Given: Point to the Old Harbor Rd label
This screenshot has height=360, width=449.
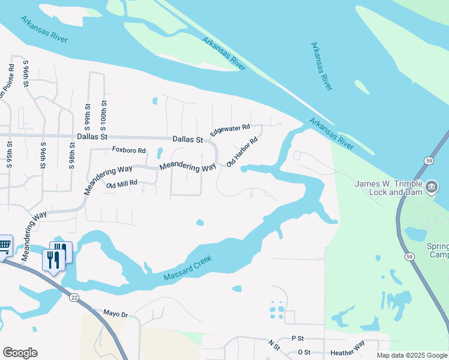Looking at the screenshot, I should click(x=242, y=152).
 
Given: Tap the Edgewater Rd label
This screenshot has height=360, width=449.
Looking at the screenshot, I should click(x=229, y=128).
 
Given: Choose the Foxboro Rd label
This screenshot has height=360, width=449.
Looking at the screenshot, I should click(x=129, y=150).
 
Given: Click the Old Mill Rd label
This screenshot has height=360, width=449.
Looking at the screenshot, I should click(x=122, y=184).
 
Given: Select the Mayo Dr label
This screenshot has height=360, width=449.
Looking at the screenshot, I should click(x=116, y=314).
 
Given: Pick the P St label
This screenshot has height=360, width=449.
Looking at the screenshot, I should click(x=298, y=339).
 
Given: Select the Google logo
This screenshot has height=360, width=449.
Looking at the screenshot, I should click(x=20, y=352).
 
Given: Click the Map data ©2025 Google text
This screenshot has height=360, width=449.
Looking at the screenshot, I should click(x=411, y=355).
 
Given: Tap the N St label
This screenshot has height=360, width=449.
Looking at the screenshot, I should click(x=274, y=345).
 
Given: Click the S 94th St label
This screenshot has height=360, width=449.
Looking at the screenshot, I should click(x=11, y=67).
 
